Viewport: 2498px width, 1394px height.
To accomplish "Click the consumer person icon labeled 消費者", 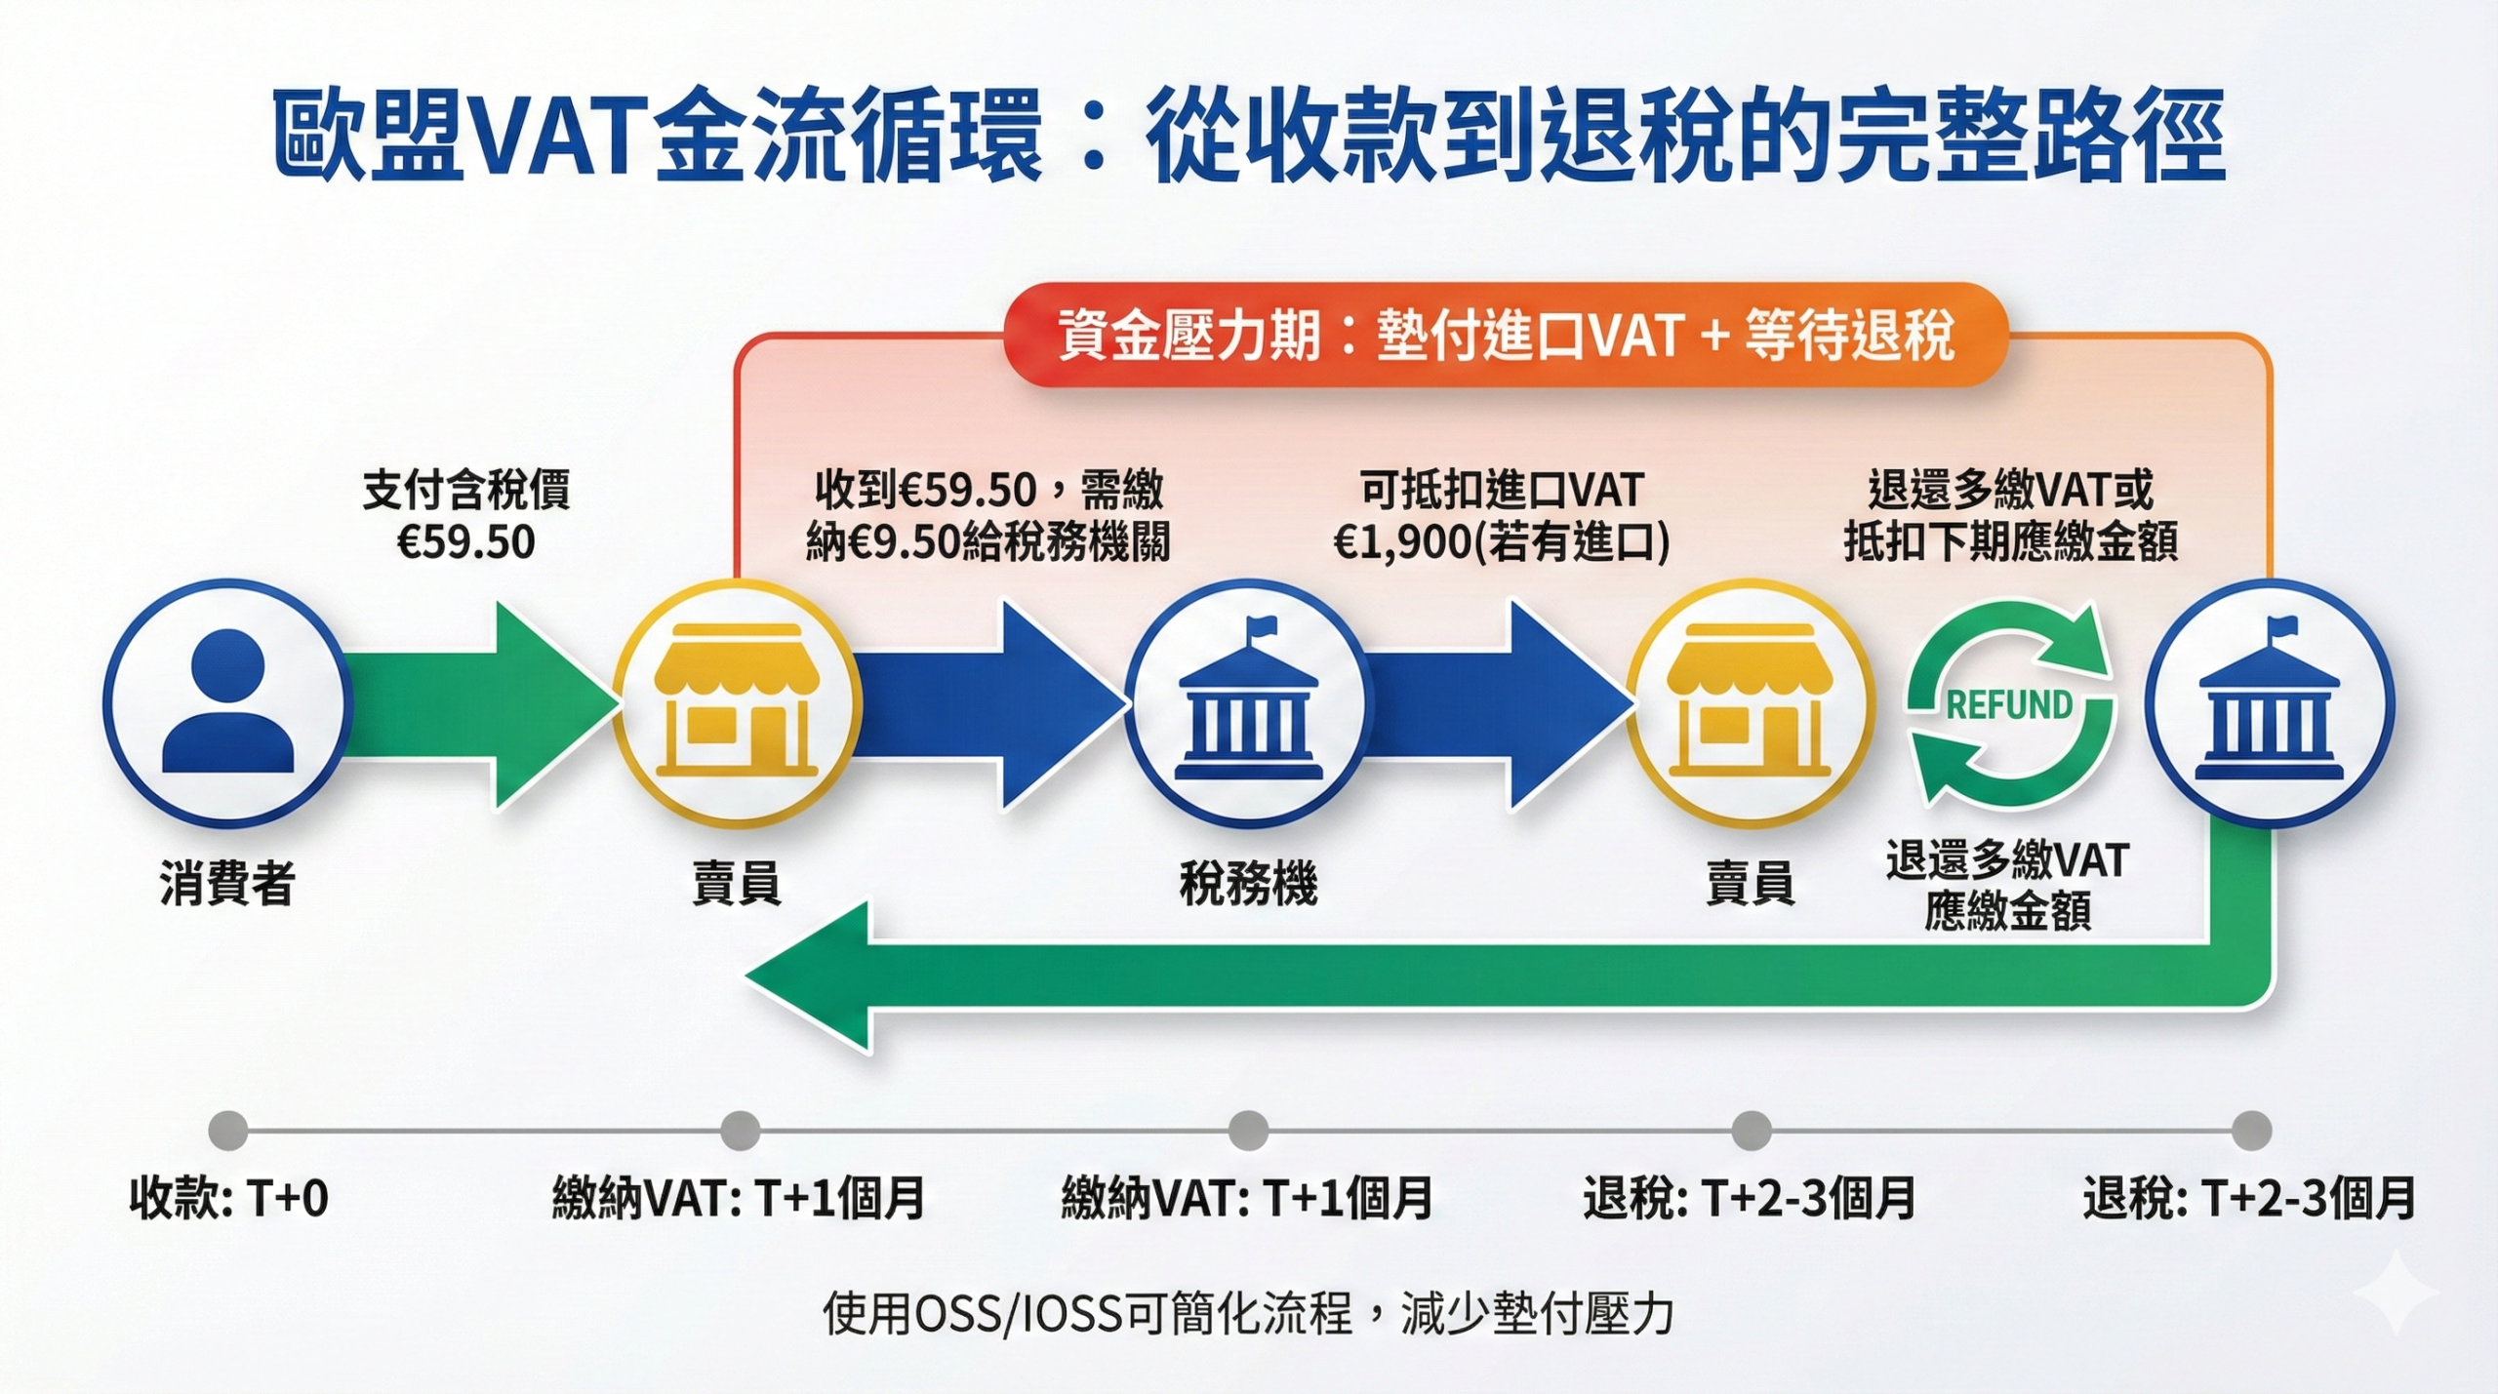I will coord(226,702).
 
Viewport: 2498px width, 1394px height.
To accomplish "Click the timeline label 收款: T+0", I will coord(228,1198).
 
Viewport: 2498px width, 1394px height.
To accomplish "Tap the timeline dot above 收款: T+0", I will coord(228,1131).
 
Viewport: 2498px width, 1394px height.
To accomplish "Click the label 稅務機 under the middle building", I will coord(1248,883).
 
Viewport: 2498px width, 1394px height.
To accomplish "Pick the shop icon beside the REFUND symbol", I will coord(1750,702).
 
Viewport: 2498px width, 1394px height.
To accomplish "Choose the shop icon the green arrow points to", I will coord(737,702).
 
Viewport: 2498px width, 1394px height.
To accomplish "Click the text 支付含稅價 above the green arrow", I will coord(466,490).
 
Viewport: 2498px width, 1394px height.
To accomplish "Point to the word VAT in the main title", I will coord(558,137).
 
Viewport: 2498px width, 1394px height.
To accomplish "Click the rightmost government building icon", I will coord(2268,702).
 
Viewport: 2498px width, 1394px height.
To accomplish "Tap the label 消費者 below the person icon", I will coord(226,883).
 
